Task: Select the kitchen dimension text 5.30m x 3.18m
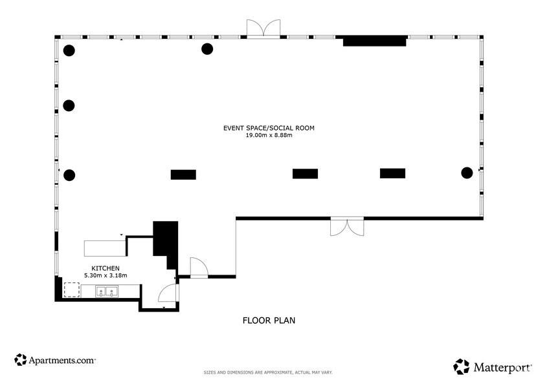point(106,275)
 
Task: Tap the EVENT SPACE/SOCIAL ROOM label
point(269,128)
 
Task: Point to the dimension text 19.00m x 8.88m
point(269,136)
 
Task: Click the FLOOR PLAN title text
point(269,320)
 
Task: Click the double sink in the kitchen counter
point(106,292)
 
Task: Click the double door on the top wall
point(263,28)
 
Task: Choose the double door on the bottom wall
point(348,227)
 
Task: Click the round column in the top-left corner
point(69,50)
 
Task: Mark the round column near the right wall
point(466,172)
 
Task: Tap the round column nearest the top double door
point(207,48)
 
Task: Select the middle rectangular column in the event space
point(305,173)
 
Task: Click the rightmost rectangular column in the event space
point(392,173)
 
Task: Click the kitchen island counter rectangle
point(105,248)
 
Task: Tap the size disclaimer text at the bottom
point(269,373)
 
